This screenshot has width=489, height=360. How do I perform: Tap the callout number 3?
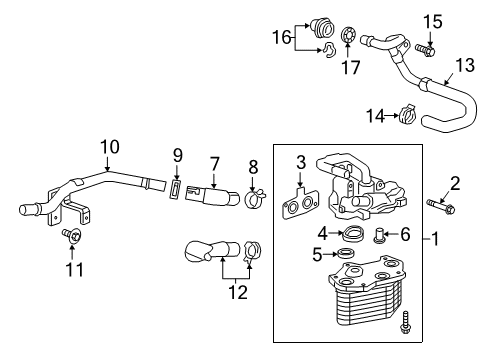[x=300, y=162]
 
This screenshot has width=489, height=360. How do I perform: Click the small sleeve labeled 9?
[x=108, y=147]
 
